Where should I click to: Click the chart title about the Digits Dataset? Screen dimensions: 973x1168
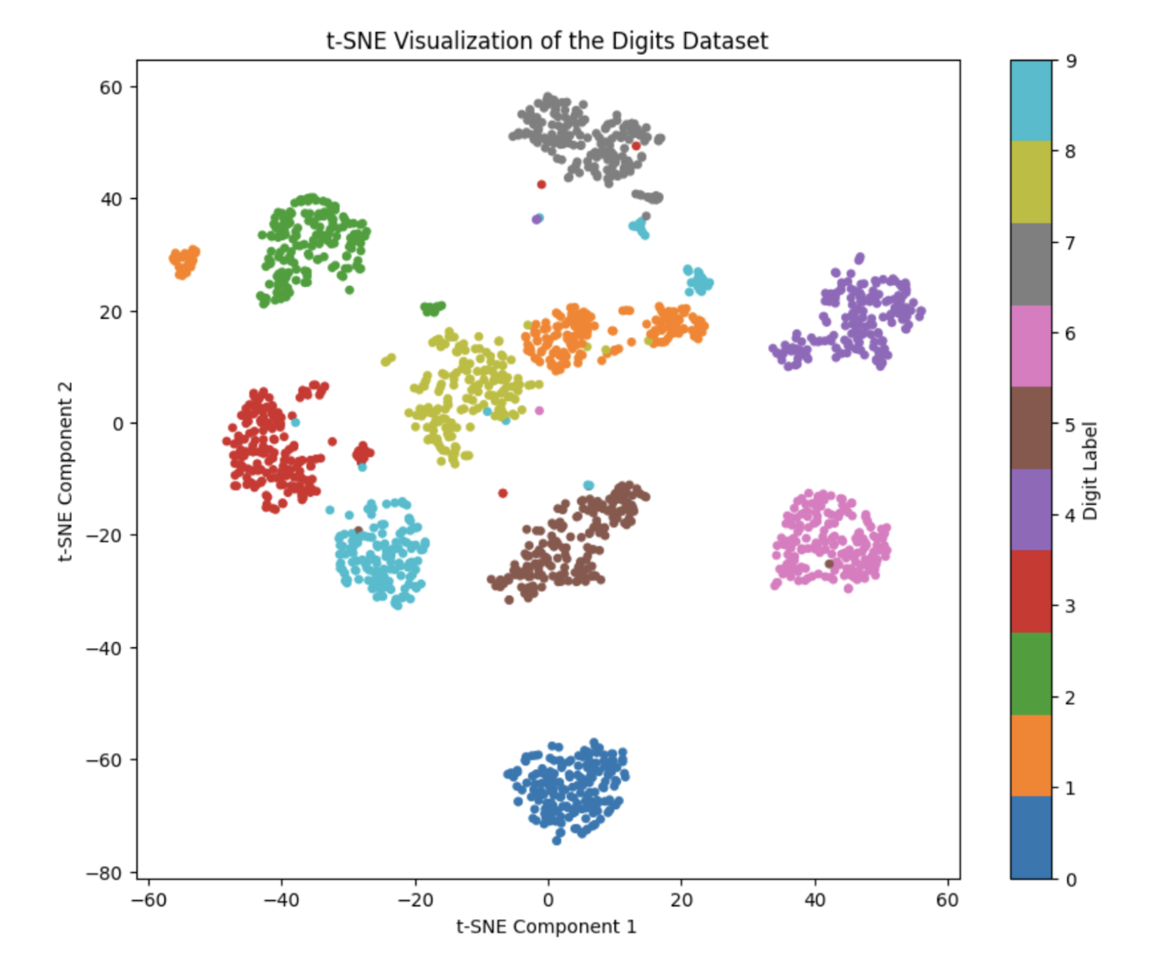pos(547,41)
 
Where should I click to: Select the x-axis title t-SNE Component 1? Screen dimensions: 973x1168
pos(546,927)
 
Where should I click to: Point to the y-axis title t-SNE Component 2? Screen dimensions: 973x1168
pos(66,472)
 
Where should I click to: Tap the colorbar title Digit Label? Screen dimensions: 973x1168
pos(1090,470)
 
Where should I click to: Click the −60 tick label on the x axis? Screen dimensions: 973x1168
pos(148,900)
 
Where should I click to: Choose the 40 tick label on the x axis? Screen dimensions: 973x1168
pos(814,900)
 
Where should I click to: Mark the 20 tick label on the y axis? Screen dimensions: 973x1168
pos(111,312)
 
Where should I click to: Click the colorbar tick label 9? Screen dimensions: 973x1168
pos(1071,61)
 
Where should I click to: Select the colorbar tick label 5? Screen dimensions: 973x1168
pos(1070,425)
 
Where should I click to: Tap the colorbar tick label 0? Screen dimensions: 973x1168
pos(1071,880)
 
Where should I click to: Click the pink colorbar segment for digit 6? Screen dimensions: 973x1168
pos(1031,346)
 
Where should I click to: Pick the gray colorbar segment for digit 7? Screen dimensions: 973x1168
pos(1031,264)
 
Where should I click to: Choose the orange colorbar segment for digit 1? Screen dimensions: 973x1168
pos(1031,755)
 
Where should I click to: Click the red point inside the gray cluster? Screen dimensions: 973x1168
pos(636,146)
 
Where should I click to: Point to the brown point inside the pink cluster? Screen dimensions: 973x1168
pos(829,563)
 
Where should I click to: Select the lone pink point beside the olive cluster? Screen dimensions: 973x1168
pos(539,410)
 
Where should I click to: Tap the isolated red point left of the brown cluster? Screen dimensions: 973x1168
pos(503,493)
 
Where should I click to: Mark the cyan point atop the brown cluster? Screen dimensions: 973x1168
pos(588,486)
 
